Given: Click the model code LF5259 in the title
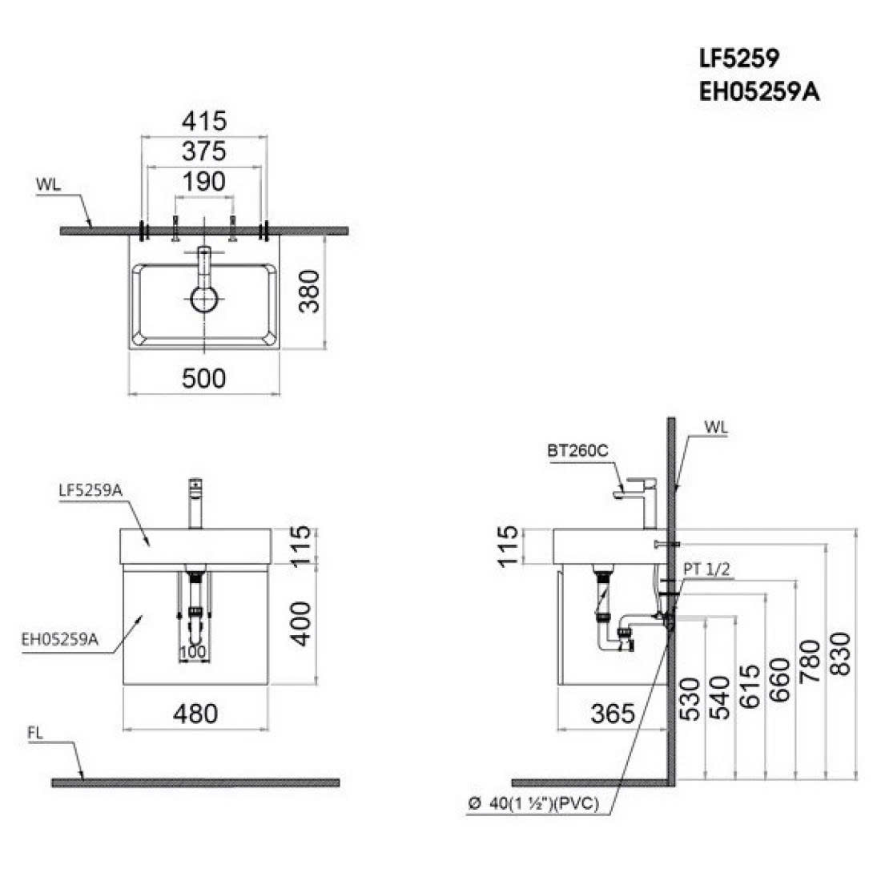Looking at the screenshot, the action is [x=738, y=58].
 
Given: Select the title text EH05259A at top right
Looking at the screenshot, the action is [x=758, y=92].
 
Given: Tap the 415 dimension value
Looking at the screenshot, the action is [x=204, y=121].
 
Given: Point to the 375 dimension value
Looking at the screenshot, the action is [x=204, y=151].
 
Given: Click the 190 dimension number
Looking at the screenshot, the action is [x=204, y=182].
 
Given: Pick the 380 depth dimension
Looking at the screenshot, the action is [x=310, y=292].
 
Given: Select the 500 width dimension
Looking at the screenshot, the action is [x=203, y=379].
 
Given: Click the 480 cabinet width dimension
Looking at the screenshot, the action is [x=195, y=714].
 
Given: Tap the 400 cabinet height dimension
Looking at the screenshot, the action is [x=301, y=624].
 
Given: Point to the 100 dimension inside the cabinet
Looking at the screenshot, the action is [x=193, y=651].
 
